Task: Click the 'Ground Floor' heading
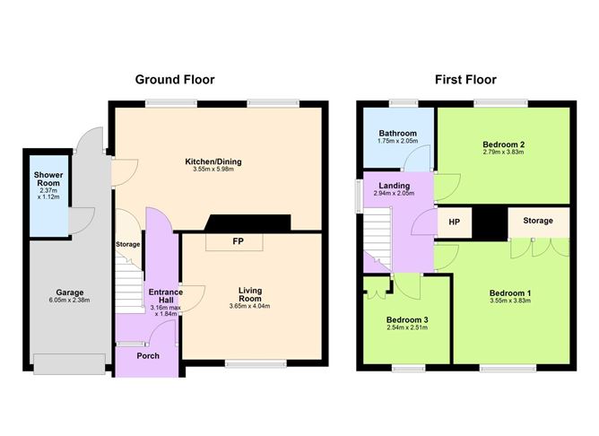175,80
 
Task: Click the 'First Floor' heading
465,80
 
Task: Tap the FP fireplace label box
237,241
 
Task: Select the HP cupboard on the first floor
453,221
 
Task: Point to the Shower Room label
46,175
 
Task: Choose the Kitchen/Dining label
213,161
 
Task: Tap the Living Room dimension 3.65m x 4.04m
249,306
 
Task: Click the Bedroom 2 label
503,144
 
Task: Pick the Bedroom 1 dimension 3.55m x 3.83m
510,301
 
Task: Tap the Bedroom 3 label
408,319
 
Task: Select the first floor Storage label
538,221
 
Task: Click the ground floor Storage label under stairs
127,244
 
